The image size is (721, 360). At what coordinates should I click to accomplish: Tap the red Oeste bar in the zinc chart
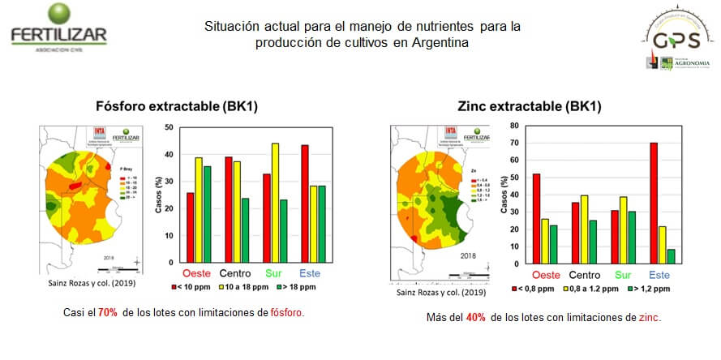536,218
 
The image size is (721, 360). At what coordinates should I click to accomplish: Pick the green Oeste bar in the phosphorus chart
208,214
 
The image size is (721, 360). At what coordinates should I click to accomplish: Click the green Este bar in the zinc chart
671,256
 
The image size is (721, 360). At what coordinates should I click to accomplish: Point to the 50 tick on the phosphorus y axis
168,127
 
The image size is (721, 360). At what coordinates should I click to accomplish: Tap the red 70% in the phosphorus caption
107,312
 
